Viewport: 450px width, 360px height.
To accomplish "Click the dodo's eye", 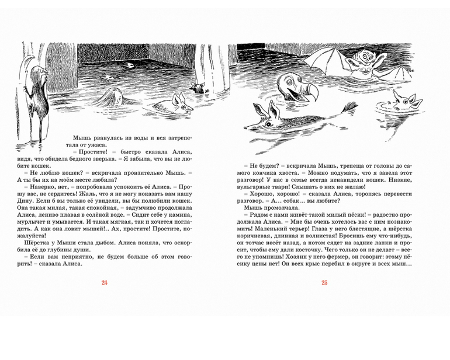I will (290, 81).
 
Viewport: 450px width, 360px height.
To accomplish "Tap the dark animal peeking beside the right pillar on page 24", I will (200, 88).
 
